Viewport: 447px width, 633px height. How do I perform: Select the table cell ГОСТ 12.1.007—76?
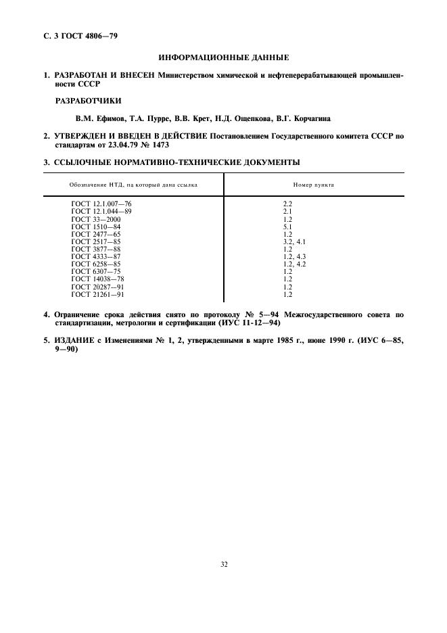click(101, 203)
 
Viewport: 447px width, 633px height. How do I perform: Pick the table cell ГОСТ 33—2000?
click(97, 220)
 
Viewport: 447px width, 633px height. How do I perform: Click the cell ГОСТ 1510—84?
click(96, 227)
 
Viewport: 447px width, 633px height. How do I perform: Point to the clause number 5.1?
click(287, 227)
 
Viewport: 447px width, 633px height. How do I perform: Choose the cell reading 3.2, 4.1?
click(294, 241)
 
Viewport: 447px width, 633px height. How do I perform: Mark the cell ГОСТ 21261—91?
click(98, 294)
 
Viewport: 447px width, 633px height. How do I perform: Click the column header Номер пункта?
click(313, 185)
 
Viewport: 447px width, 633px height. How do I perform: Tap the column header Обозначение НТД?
click(134, 185)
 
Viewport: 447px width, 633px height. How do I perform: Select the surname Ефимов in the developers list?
click(114, 118)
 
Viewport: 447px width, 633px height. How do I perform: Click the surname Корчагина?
click(310, 118)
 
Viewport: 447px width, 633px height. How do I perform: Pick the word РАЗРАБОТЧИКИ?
click(88, 101)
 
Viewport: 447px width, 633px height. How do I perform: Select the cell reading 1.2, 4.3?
click(294, 256)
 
